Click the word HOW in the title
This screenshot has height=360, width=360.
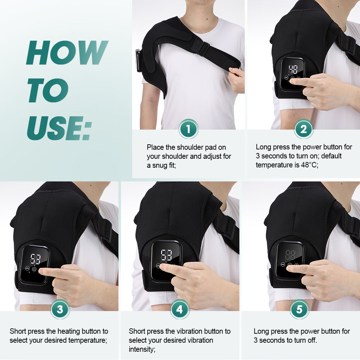click(67, 53)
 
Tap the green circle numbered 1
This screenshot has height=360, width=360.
click(189, 129)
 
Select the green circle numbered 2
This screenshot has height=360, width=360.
click(303, 129)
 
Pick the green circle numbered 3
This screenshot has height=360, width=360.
click(60, 309)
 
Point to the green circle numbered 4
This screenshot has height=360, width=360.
click(180, 309)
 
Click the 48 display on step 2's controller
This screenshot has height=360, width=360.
click(293, 70)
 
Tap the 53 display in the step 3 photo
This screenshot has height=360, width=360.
click(35, 258)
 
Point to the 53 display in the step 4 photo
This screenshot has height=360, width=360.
click(166, 255)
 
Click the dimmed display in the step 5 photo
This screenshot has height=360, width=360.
click(290, 255)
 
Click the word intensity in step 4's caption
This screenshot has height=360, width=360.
click(142, 349)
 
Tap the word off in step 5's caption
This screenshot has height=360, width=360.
click(312, 340)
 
